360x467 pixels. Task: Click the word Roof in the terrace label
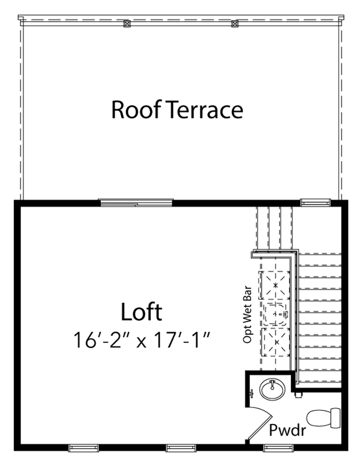(136, 110)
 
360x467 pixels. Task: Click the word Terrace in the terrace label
(205, 110)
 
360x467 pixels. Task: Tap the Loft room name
(141, 312)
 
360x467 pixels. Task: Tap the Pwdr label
(287, 430)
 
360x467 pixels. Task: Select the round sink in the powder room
(271, 389)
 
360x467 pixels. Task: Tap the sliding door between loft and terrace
(136, 202)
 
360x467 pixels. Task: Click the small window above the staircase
(315, 202)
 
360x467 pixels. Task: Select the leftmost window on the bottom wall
(84, 448)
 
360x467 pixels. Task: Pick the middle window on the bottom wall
(181, 448)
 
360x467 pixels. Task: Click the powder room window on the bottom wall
(277, 448)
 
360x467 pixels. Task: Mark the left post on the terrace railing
(127, 23)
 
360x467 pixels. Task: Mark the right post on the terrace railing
(234, 23)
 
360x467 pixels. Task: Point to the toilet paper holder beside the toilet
(299, 394)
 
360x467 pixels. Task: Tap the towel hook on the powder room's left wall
(252, 393)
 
